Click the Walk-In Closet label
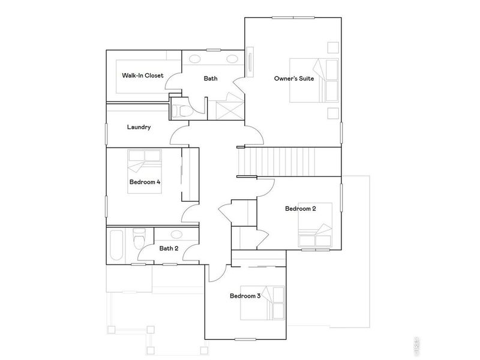(x=143, y=76)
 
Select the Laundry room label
(x=139, y=127)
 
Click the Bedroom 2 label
(x=300, y=209)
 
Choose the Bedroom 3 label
(x=245, y=296)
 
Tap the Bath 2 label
(x=169, y=248)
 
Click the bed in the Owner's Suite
(x=316, y=80)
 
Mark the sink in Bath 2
(x=176, y=235)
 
